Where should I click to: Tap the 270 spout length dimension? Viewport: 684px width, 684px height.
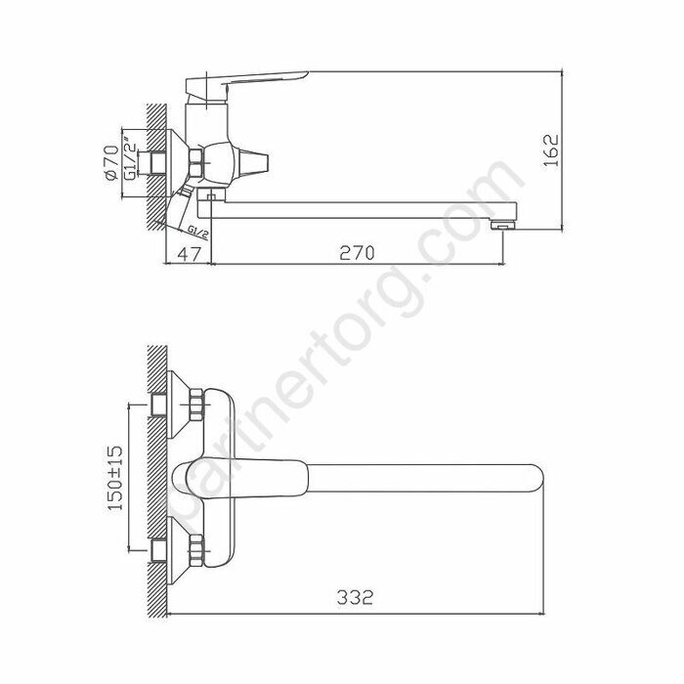coord(358,252)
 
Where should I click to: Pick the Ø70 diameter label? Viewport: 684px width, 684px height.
coord(110,157)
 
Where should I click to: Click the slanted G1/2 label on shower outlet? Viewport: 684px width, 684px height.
coord(197,231)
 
